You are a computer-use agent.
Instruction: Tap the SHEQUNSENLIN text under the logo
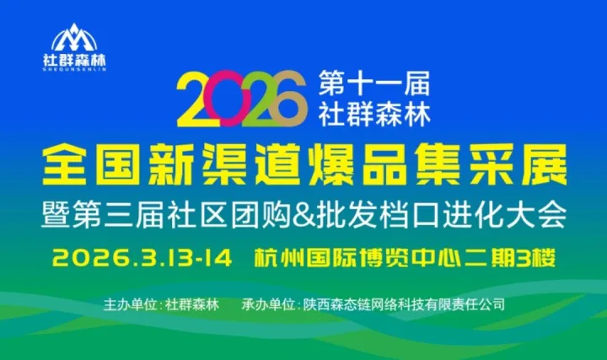click(74, 70)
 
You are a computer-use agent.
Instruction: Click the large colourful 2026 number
click(239, 98)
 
